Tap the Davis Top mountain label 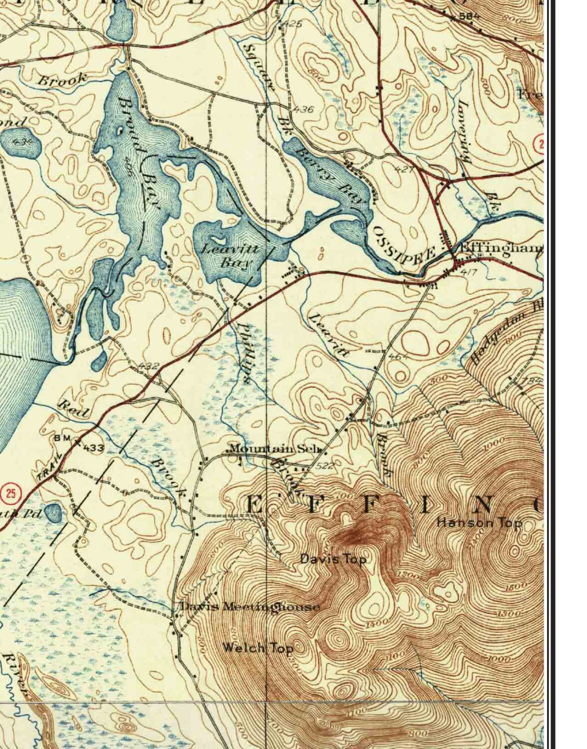coord(333,559)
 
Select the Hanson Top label coord(479,523)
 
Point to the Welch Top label coord(257,648)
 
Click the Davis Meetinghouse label coord(250,607)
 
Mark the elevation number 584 coord(469,16)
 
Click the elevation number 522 coord(324,466)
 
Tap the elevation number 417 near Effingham coord(469,273)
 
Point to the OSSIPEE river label coord(404,244)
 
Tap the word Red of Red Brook coord(75,408)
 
